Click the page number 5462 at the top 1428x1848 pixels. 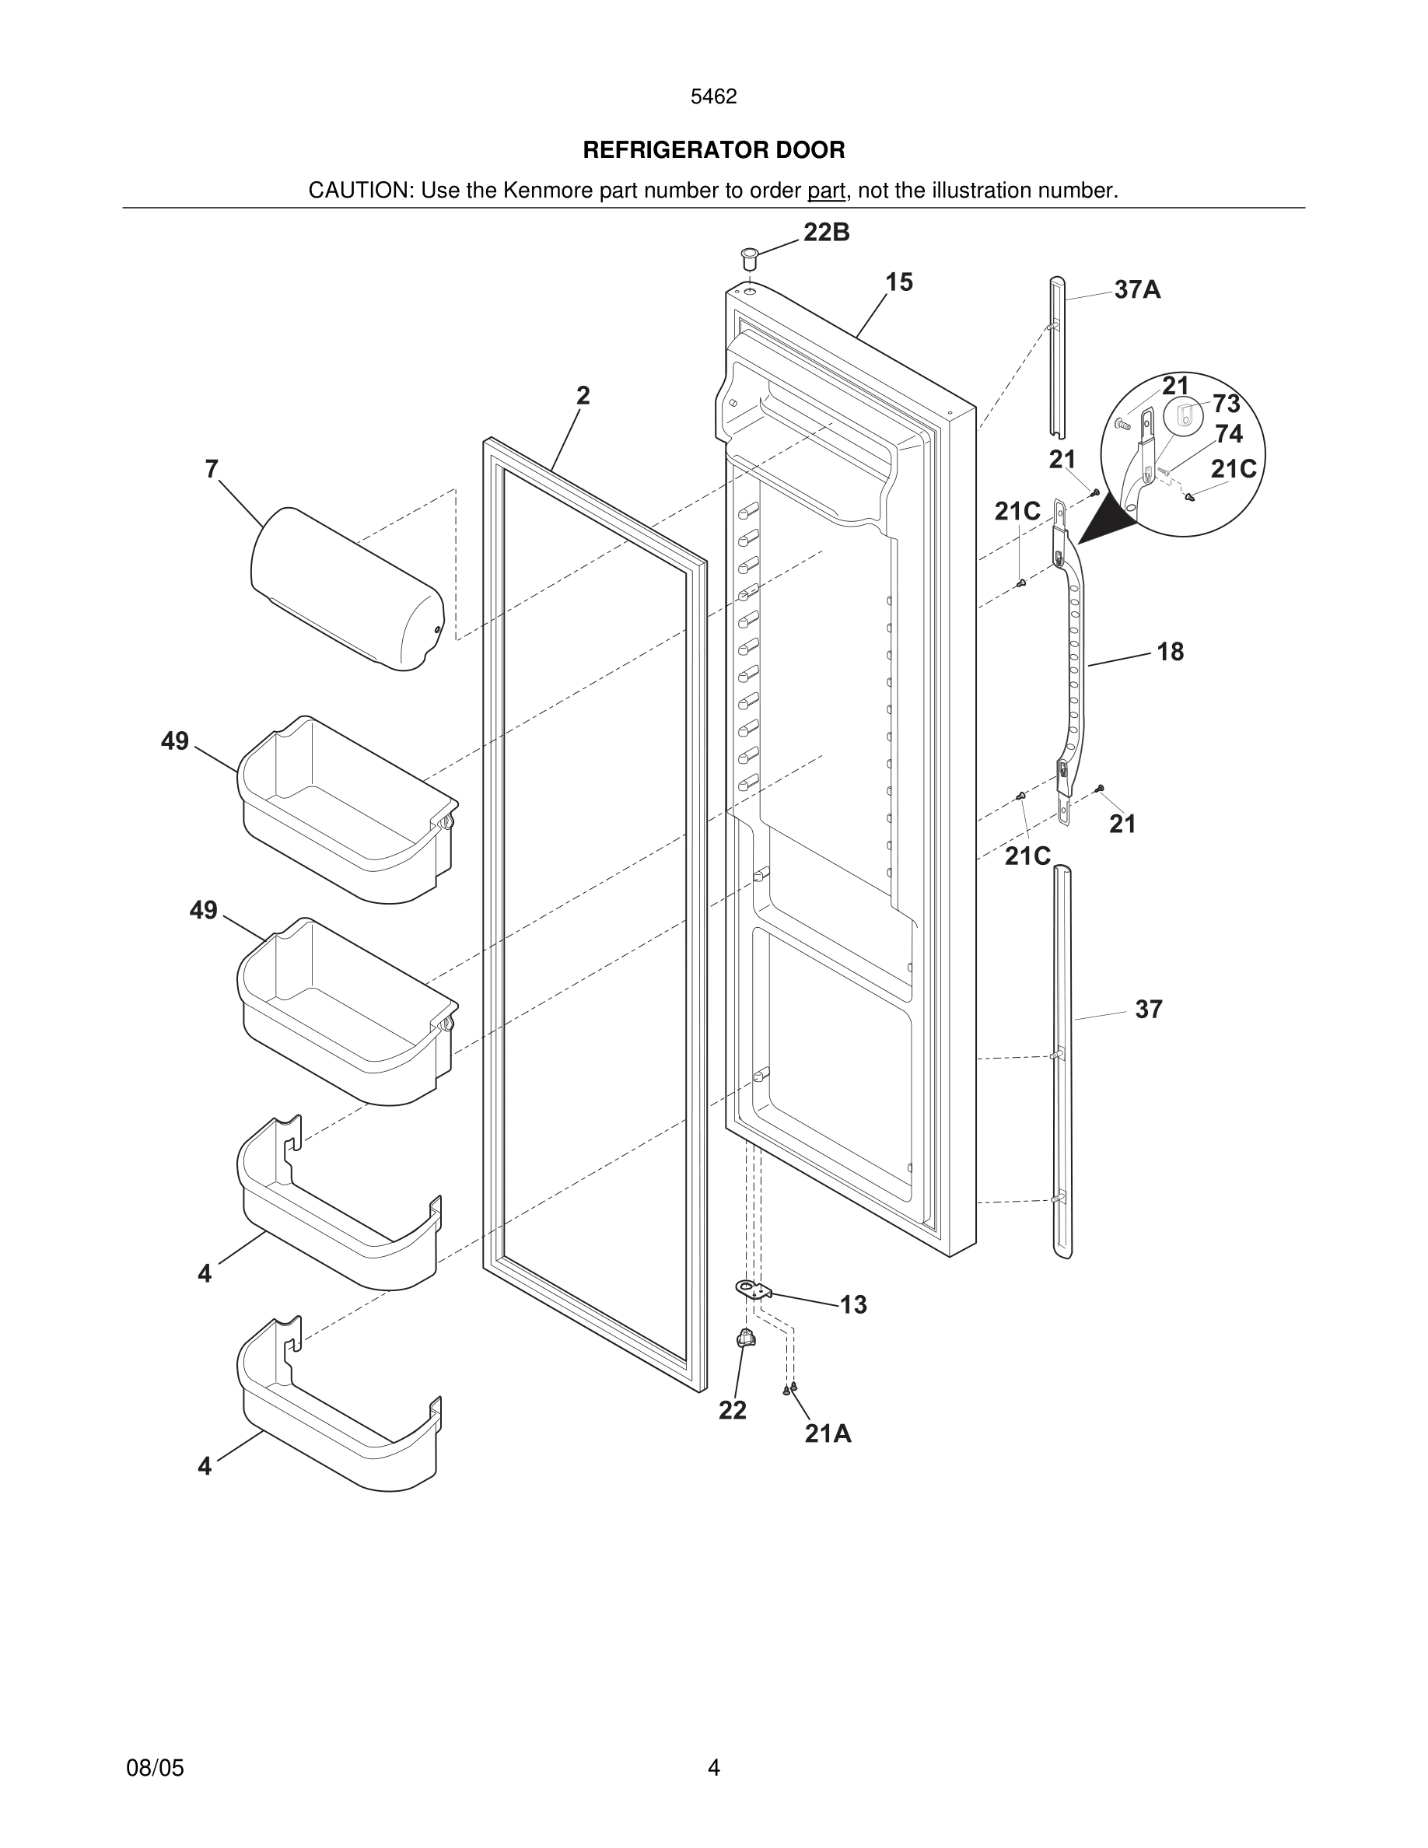tap(713, 96)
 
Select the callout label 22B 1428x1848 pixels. tap(827, 232)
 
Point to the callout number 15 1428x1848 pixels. tap(899, 282)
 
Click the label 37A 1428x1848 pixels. tap(1137, 290)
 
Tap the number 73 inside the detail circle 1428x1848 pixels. tap(1226, 404)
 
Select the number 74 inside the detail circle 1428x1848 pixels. tap(1228, 434)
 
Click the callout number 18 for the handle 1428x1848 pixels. tap(1170, 652)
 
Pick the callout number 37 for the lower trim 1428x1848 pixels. tap(1149, 1009)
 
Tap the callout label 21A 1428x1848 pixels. tap(828, 1433)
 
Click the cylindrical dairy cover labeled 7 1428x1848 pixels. tap(347, 589)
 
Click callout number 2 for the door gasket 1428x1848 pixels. tap(583, 395)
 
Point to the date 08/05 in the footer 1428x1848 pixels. tap(155, 1768)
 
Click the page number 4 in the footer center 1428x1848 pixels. tap(713, 1767)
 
